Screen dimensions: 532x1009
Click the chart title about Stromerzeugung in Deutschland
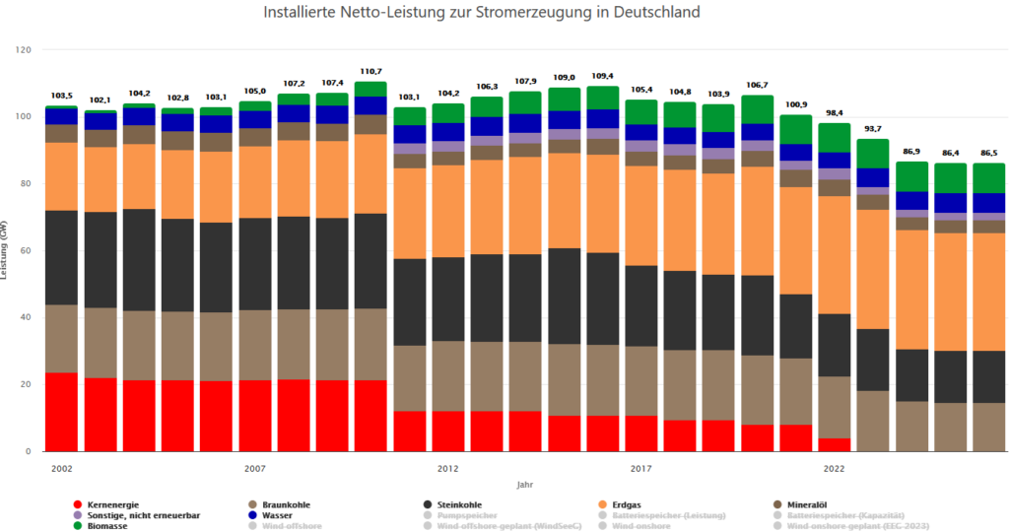pyautogui.click(x=482, y=14)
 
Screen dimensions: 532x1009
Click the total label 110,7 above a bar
pyautogui.click(x=370, y=73)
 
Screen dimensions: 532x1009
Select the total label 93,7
pyautogui.click(x=873, y=130)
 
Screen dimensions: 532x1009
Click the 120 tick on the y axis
pyautogui.click(x=25, y=49)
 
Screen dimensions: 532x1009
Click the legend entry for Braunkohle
pyautogui.click(x=289, y=504)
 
